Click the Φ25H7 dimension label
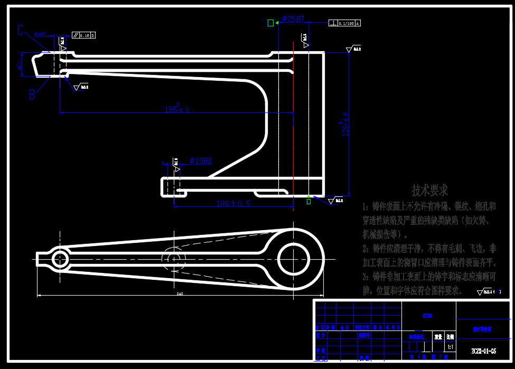[293, 18]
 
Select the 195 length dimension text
[177, 109]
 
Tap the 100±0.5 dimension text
[233, 203]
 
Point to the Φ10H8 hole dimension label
[201, 160]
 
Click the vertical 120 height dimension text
[346, 122]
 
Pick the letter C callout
[21, 30]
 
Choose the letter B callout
[32, 94]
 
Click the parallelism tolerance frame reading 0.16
[84, 35]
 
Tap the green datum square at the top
[271, 23]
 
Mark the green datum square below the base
[309, 201]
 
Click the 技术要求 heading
[429, 190]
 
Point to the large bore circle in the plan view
[294, 258]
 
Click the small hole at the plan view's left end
[59, 259]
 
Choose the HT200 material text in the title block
[427, 316]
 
